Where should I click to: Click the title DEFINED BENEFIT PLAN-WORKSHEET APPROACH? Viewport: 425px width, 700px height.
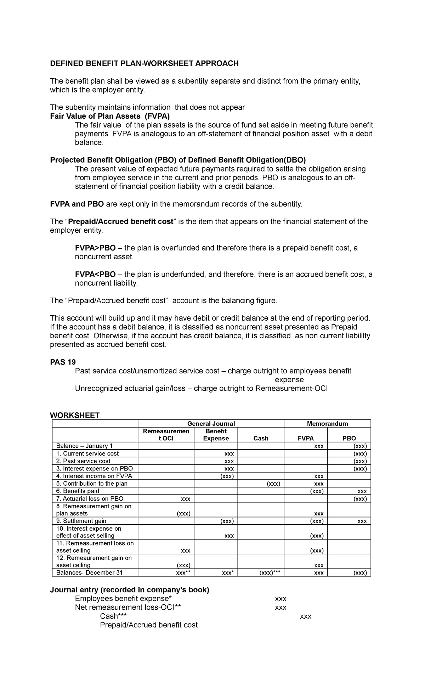144,63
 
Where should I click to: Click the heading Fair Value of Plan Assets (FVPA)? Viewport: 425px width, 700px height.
110,116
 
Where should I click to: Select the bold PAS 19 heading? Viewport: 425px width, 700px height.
63,362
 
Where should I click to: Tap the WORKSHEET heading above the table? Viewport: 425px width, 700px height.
75,415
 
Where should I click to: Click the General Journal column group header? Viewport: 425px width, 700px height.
211,424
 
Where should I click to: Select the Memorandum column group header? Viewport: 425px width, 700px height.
327,424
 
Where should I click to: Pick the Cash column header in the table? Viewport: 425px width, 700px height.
261,439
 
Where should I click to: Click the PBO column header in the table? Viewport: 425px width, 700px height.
349,439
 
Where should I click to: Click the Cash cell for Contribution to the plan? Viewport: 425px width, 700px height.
273,484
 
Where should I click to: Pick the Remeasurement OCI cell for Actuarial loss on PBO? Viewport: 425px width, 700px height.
185,499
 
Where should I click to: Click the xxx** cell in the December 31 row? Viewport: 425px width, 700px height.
183,573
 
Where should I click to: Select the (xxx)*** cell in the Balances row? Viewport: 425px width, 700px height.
270,573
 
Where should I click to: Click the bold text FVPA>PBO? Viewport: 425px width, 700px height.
95,248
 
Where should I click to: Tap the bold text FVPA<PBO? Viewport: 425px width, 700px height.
95,275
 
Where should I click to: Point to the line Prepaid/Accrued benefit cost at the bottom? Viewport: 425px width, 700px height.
148,625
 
